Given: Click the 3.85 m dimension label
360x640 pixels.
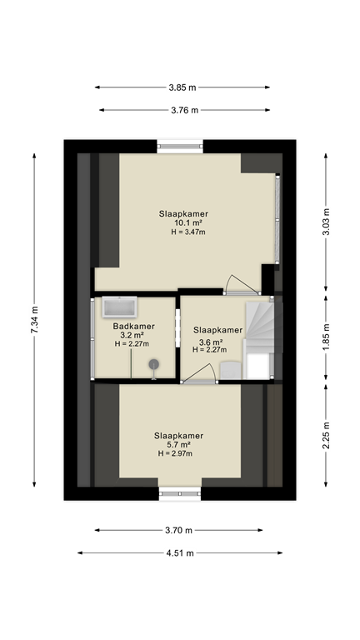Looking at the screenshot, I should (182, 87).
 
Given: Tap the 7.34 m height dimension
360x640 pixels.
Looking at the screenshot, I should (34, 320).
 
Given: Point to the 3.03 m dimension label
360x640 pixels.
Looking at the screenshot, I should (326, 222).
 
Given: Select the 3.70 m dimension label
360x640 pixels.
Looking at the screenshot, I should (179, 530).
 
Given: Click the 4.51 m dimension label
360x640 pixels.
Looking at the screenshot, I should (179, 552).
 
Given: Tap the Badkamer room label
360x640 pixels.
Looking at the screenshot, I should (132, 327).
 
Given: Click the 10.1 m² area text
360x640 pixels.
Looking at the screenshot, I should (183, 222).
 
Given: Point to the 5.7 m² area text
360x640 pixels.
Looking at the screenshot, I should (178, 445).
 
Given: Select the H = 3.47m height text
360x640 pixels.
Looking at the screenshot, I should (184, 232).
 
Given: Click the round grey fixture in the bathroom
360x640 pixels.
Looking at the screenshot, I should (154, 364).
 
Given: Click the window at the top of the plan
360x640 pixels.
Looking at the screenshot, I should (180, 147).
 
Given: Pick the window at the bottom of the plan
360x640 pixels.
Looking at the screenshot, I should (180, 493).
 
